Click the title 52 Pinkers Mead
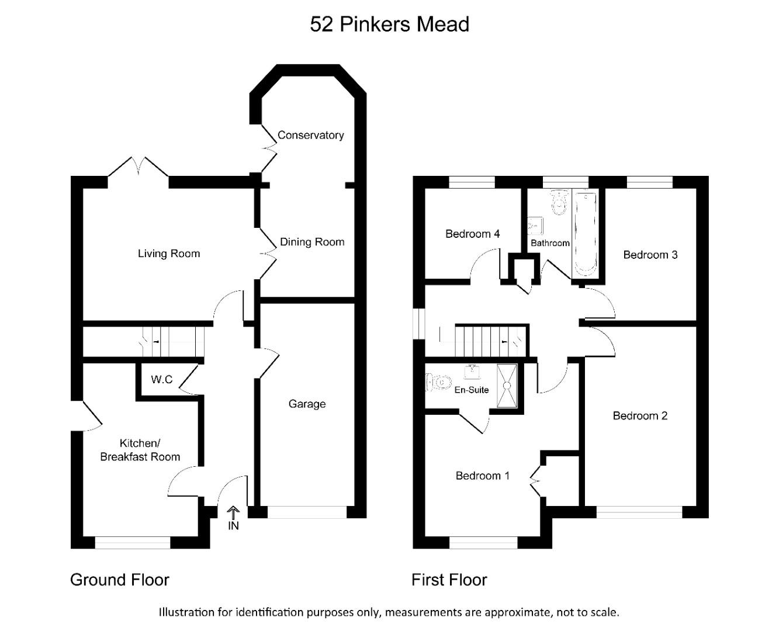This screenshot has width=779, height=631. (x=389, y=25)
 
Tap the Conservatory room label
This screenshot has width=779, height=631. (x=310, y=135)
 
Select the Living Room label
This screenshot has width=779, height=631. (x=169, y=254)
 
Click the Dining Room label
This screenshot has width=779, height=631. (x=312, y=242)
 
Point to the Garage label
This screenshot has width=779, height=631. (x=307, y=404)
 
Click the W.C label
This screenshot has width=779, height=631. (x=162, y=380)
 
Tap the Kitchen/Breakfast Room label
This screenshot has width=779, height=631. (x=140, y=450)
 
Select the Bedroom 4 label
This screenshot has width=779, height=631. (x=472, y=234)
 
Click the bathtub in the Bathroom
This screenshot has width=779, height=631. (x=585, y=234)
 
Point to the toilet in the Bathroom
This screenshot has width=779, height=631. (x=560, y=202)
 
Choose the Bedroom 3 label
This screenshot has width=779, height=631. (x=650, y=255)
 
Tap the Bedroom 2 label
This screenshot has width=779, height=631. (x=640, y=416)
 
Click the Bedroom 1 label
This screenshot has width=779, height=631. (x=482, y=476)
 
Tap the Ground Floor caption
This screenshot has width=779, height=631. (x=120, y=580)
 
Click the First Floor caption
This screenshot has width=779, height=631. (x=449, y=580)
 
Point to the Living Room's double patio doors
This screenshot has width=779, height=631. (x=139, y=168)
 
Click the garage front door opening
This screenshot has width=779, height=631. (x=307, y=512)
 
